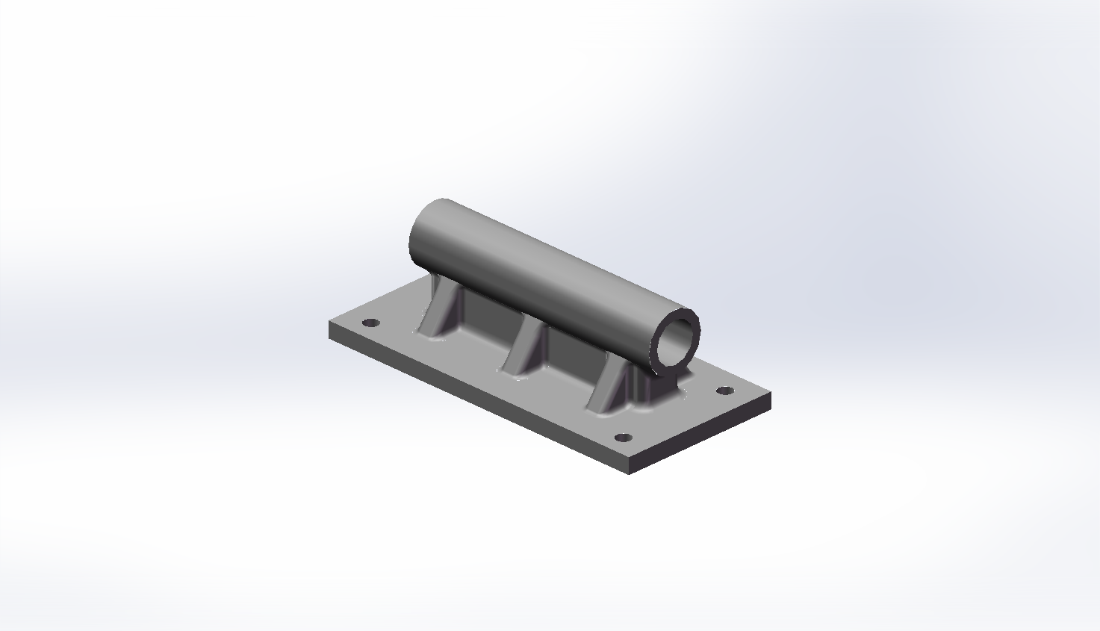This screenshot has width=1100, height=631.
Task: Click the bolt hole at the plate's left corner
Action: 370,323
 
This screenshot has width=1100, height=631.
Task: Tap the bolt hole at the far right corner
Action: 724,391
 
